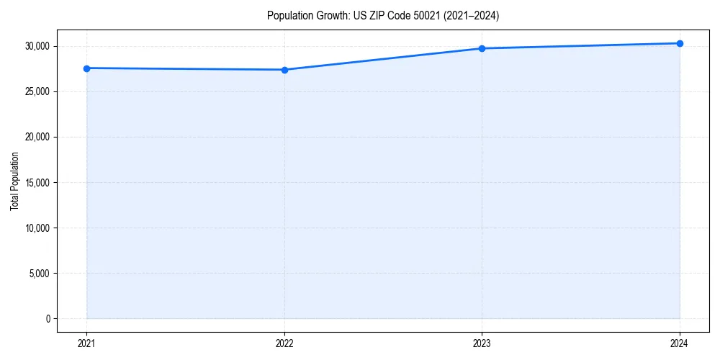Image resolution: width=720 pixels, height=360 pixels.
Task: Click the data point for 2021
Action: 86,68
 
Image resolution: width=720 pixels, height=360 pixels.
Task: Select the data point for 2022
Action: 284,70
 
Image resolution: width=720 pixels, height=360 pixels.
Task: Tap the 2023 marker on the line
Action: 482,48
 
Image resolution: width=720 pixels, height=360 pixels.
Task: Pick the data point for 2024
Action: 680,43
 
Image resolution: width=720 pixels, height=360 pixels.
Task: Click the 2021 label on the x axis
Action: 86,343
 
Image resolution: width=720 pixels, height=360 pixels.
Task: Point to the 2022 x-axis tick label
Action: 284,343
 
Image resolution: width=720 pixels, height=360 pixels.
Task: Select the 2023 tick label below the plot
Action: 482,343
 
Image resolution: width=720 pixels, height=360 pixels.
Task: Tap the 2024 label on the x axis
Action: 680,343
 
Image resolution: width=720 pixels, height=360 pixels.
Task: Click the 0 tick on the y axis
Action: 48,319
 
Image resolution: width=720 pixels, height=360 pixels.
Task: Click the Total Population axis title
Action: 14,181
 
